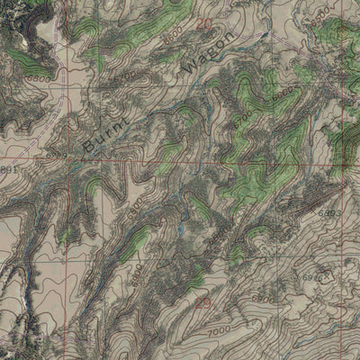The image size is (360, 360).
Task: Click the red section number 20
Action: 205,23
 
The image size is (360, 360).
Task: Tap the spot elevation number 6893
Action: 328,214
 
